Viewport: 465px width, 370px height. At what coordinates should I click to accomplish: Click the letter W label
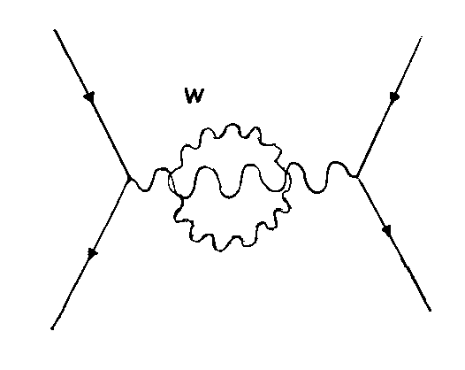tap(194, 95)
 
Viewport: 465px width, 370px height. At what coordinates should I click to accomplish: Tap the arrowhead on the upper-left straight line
tap(89, 96)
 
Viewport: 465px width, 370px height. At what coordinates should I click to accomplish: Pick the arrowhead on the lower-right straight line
tap(387, 230)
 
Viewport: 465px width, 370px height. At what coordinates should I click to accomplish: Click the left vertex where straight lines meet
tap(128, 178)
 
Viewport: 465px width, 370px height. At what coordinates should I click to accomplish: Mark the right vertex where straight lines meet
tap(357, 177)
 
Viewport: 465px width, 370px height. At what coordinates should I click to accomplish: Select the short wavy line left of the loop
tap(149, 181)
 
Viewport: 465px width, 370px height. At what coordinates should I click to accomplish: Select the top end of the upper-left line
tap(55, 30)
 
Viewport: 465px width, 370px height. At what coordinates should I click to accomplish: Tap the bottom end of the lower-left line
tap(52, 328)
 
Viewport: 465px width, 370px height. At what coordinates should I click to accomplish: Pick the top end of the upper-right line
tap(421, 37)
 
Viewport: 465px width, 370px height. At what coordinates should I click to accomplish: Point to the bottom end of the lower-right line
tap(431, 311)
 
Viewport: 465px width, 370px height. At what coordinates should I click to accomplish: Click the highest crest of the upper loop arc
tap(232, 124)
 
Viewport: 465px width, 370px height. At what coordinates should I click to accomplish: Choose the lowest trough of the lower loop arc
tap(220, 251)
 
